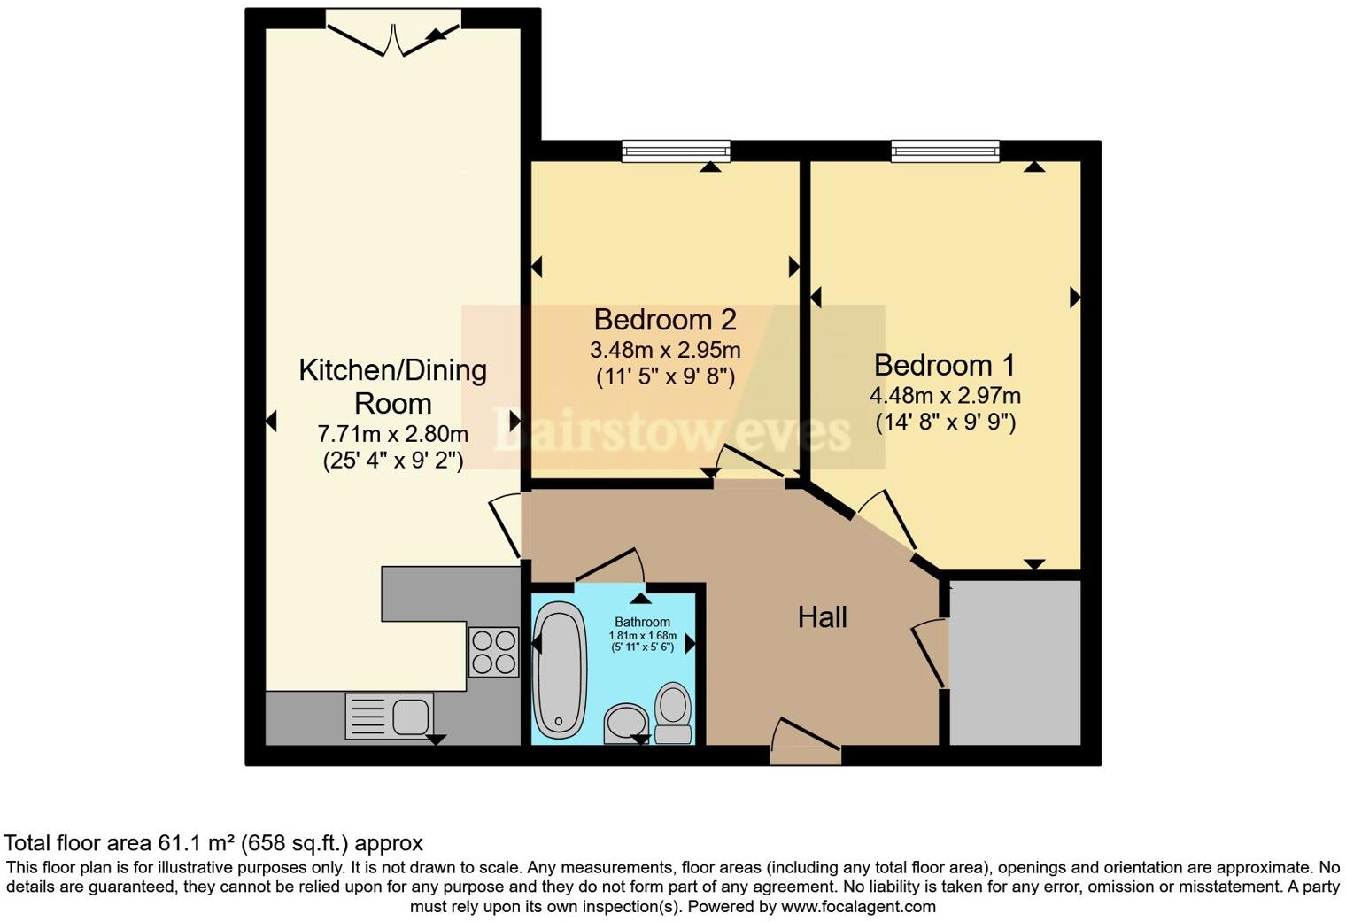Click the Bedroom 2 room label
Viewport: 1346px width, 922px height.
pos(664,319)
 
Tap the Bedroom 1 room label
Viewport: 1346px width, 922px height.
pos(944,365)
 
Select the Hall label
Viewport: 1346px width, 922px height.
pos(822,617)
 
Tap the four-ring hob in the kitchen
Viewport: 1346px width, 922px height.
pos(493,652)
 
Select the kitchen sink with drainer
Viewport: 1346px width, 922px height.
pos(390,716)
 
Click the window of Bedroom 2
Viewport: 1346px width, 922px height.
pos(676,151)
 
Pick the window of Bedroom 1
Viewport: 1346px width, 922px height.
pos(945,151)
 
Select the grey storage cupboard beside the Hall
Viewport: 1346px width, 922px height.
pos(1015,662)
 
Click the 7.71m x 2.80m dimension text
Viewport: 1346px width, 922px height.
pos(392,434)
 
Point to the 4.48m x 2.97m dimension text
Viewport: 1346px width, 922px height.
pos(945,396)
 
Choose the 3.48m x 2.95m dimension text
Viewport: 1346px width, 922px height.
pos(665,350)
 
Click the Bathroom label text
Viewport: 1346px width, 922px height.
pos(642,622)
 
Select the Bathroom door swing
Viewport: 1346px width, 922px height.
pos(611,567)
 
